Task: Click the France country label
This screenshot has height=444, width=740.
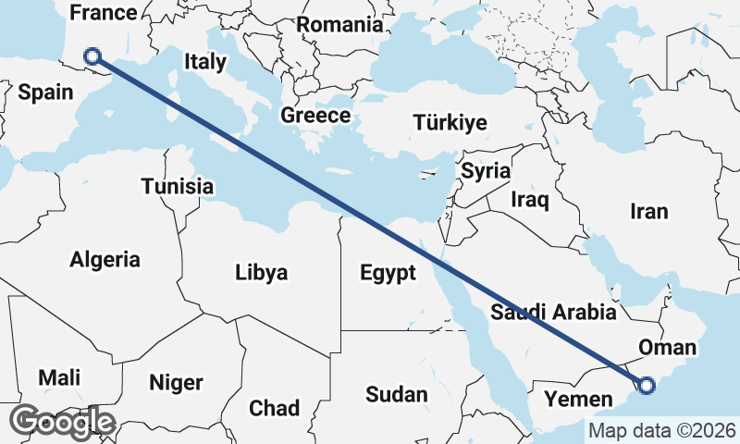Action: (x=104, y=13)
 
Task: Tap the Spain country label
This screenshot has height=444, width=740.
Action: (x=45, y=92)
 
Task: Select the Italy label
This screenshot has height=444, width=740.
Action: (x=205, y=62)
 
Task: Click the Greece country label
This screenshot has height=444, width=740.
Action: (x=315, y=116)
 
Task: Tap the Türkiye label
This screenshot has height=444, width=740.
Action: (x=450, y=123)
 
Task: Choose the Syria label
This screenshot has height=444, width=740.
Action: (x=486, y=170)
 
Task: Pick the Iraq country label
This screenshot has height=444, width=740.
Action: (x=530, y=199)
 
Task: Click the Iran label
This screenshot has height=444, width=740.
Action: (x=648, y=212)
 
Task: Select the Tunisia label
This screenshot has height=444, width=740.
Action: (x=178, y=187)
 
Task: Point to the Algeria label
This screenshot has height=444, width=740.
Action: (x=105, y=259)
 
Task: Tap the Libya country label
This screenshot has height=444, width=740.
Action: (x=261, y=273)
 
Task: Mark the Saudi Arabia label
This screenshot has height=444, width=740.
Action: (x=553, y=312)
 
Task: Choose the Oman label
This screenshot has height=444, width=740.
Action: (x=667, y=348)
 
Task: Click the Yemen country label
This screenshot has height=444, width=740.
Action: (x=578, y=400)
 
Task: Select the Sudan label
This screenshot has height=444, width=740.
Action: (x=397, y=395)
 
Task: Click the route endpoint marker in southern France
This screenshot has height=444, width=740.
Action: (x=92, y=57)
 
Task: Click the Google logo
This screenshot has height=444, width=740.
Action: (x=63, y=422)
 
